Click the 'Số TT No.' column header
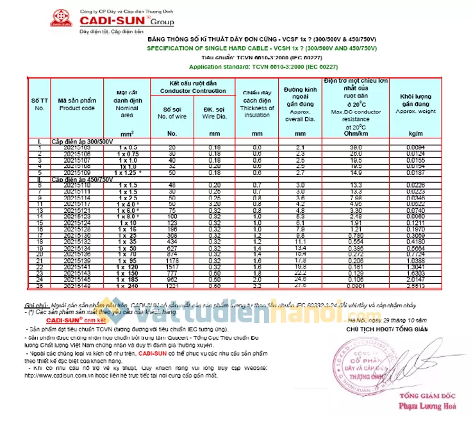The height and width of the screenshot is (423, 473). click(40, 104)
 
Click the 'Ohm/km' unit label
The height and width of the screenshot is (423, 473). click(353, 133)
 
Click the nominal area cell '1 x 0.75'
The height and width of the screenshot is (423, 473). click(128, 154)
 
